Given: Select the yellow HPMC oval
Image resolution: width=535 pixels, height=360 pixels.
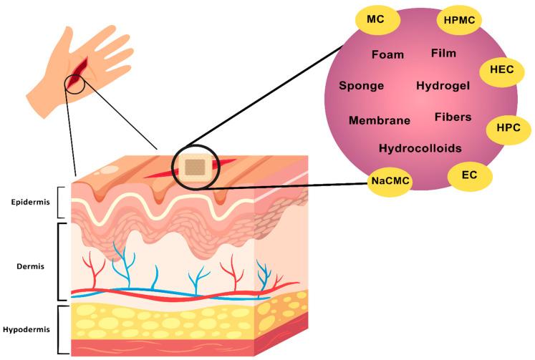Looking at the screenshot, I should click(x=458, y=21).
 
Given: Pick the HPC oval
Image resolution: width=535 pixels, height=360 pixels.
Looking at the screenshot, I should click(x=508, y=129).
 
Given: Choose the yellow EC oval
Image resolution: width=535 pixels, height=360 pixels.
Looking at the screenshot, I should click(x=470, y=175).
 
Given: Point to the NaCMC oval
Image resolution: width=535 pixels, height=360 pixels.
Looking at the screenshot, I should click(x=390, y=182).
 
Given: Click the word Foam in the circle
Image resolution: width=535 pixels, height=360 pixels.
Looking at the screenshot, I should click(x=388, y=54).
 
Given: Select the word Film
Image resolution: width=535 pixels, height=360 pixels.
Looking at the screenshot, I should click(x=444, y=53).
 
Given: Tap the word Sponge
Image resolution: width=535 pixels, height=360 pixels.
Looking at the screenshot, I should click(x=362, y=86).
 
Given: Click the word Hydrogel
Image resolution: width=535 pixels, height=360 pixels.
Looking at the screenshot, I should click(x=443, y=86).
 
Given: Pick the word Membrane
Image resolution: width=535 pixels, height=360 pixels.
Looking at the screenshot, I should click(x=380, y=120).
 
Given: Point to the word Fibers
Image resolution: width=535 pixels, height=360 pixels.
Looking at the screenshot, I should click(x=453, y=117).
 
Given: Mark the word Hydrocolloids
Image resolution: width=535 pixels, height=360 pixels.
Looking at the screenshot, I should click(x=420, y=149).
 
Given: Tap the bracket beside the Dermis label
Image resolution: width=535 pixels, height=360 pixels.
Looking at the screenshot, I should click(x=60, y=262).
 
